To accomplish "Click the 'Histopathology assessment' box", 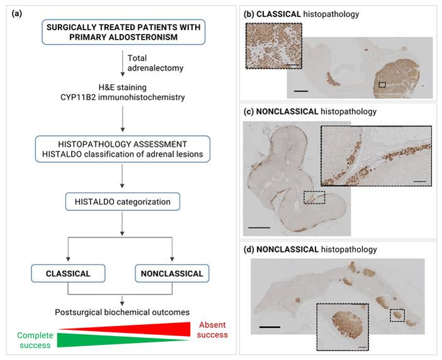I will pos(120,149).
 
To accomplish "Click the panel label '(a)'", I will pos(19,13).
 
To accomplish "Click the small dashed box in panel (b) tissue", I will pos(382,84).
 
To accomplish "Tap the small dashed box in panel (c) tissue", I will pos(314,197).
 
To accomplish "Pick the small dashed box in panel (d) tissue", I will pos(397,314).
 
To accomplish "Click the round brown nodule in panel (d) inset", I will pos(343,327).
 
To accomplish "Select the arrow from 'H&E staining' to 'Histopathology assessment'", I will pos(120,119).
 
